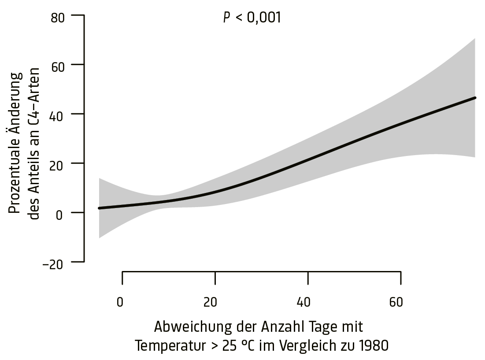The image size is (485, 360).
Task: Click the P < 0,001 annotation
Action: [x=252, y=17]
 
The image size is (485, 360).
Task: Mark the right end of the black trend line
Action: [x=474, y=97]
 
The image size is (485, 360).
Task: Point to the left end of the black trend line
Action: [x=100, y=208]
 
